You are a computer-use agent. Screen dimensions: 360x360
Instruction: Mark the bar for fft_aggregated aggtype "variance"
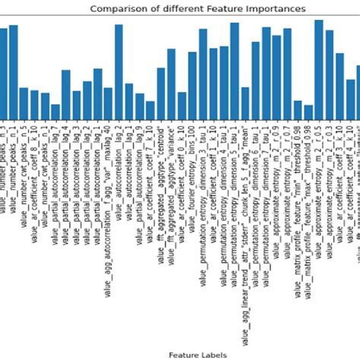[171, 84]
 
